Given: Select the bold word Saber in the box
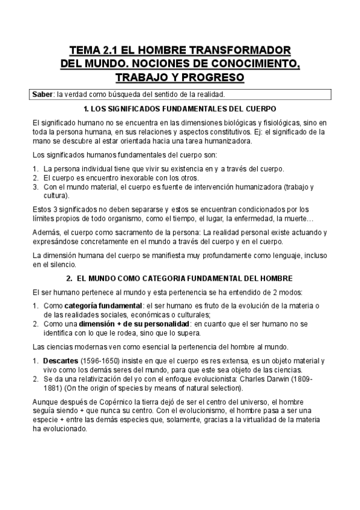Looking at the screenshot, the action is (x=43, y=95).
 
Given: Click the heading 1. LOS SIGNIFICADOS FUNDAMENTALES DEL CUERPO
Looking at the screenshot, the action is (x=180, y=109).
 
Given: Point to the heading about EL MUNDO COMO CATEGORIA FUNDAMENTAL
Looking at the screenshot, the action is (x=186, y=278).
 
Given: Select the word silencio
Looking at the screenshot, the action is (x=61, y=264).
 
